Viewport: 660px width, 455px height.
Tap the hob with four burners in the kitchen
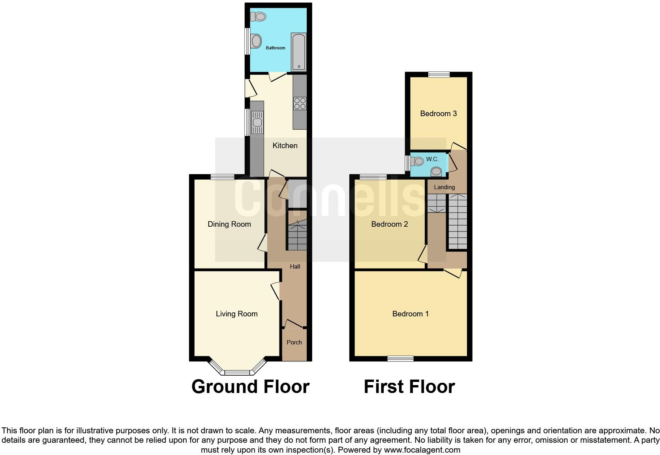[300, 103]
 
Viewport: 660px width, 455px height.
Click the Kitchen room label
[285, 146]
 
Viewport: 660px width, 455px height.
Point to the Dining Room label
[229, 224]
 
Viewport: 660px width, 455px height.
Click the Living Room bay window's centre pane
[237, 372]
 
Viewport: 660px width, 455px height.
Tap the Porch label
[294, 342]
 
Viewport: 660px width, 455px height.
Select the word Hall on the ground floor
[295, 267]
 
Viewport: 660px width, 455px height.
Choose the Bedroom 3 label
[438, 114]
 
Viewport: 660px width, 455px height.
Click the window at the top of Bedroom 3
[439, 74]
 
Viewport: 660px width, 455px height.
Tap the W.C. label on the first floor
[432, 159]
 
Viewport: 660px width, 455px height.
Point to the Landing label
[444, 187]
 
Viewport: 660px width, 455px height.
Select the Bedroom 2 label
[389, 224]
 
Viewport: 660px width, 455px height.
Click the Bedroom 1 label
[410, 314]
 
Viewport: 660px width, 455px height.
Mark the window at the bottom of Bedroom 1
[400, 359]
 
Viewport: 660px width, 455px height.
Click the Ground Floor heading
[250, 387]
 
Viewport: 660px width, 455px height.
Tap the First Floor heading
[409, 387]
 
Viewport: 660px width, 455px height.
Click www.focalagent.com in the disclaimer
[422, 450]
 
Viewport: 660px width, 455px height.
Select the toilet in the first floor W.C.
[416, 161]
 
